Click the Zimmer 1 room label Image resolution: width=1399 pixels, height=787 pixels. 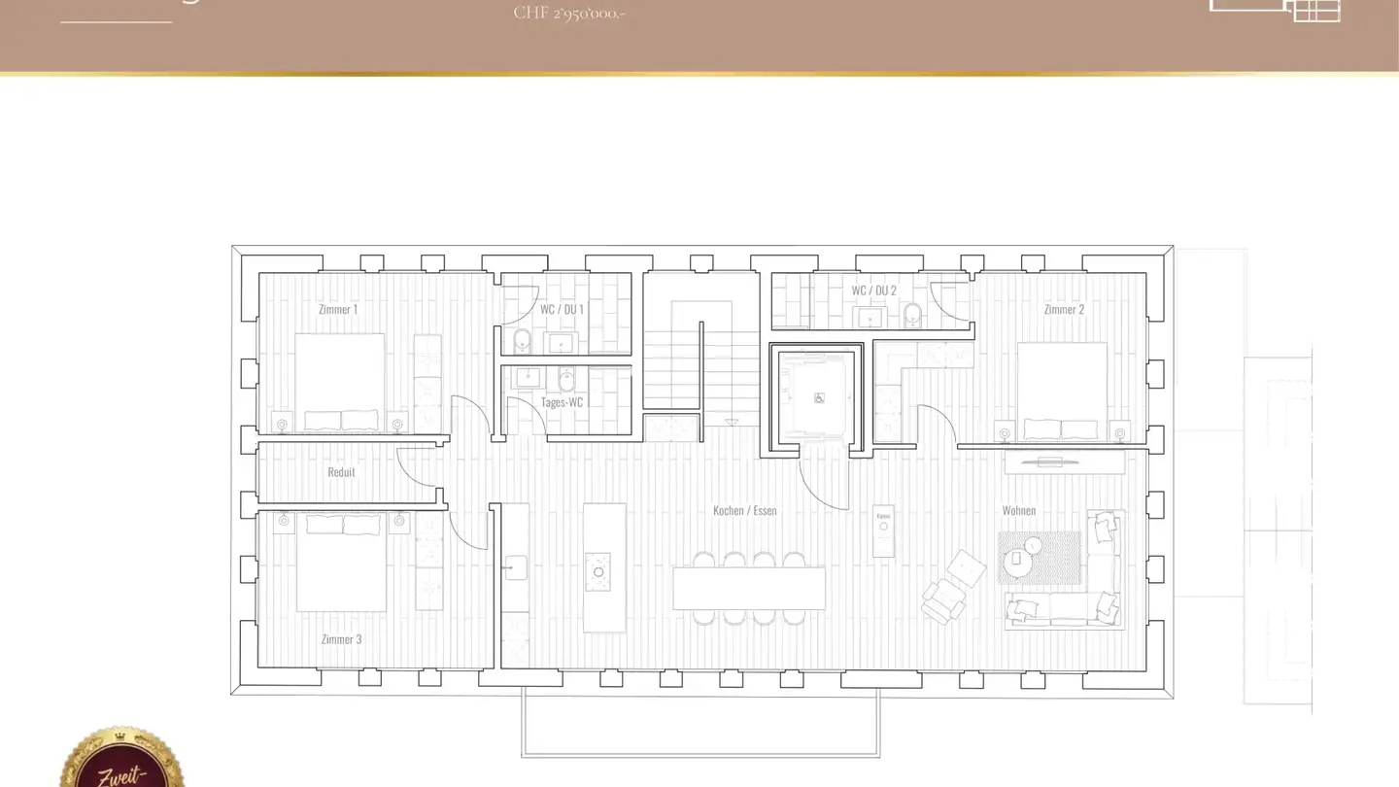pyautogui.click(x=338, y=309)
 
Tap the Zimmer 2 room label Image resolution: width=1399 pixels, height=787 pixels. pyautogui.click(x=1064, y=309)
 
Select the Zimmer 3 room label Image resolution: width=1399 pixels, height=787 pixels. pyautogui.click(x=341, y=639)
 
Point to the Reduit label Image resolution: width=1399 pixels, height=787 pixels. pyautogui.click(x=341, y=472)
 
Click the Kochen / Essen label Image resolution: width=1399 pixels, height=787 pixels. pyautogui.click(x=744, y=510)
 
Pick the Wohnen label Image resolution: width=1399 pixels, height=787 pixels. pyautogui.click(x=1019, y=510)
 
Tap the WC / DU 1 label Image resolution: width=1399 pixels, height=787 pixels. pyautogui.click(x=562, y=309)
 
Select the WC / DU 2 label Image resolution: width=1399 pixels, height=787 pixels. pyautogui.click(x=873, y=291)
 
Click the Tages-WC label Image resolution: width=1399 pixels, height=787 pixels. pyautogui.click(x=562, y=401)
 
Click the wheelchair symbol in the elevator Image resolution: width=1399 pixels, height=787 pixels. pyautogui.click(x=819, y=397)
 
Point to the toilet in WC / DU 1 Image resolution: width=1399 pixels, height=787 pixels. pyautogui.click(x=522, y=341)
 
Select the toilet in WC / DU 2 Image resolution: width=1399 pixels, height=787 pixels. pyautogui.click(x=912, y=315)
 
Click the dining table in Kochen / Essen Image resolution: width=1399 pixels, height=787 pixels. pyautogui.click(x=749, y=588)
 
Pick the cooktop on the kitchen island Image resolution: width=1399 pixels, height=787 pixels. pyautogui.click(x=598, y=571)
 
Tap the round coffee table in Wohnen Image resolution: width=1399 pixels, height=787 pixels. pyautogui.click(x=1016, y=560)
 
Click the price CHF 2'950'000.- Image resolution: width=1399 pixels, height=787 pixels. pyautogui.click(x=569, y=13)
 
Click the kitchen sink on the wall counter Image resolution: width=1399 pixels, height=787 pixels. pyautogui.click(x=515, y=566)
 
